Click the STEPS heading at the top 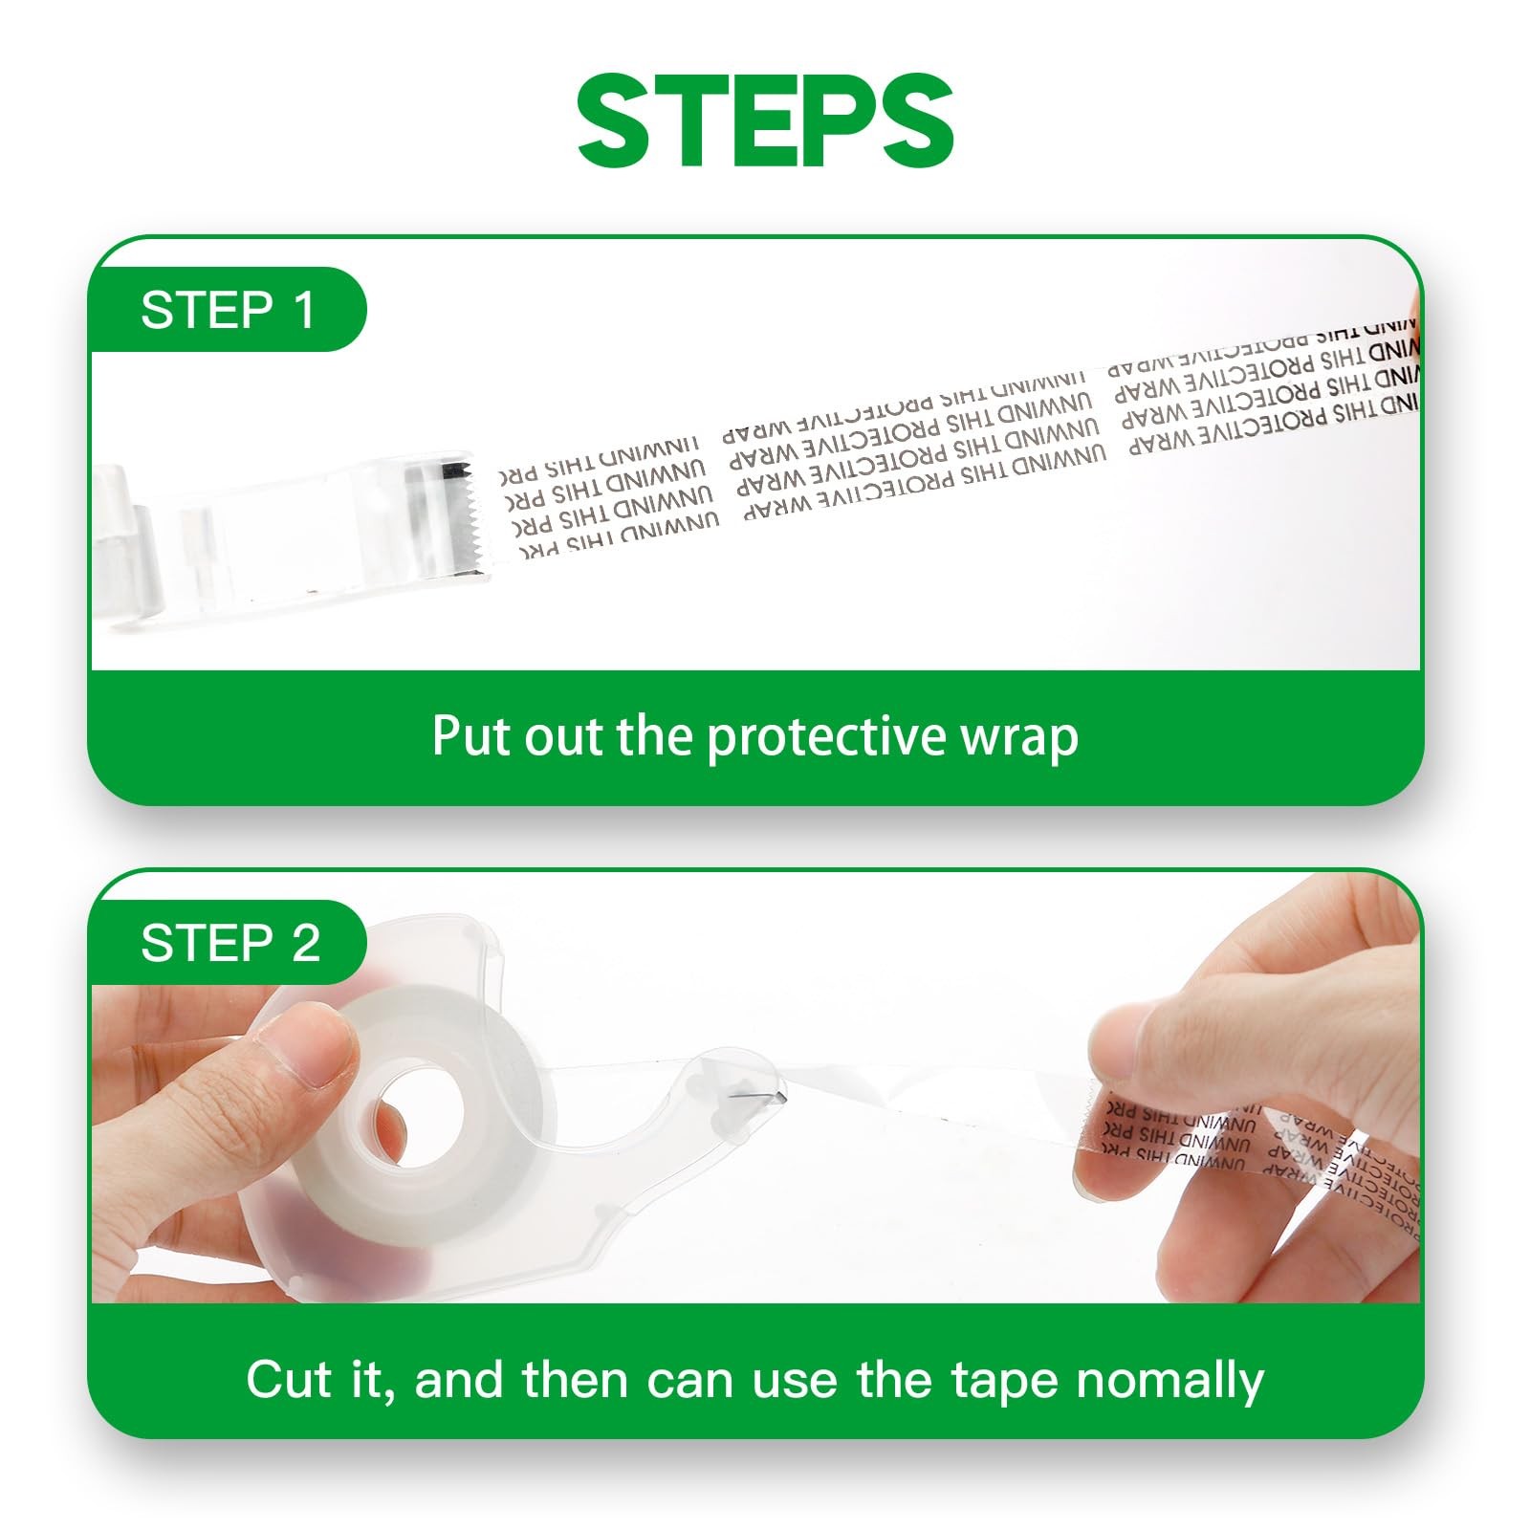[765, 121]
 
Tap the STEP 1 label [228, 310]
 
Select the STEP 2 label [229, 944]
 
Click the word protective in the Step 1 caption [828, 737]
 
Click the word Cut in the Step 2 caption [290, 1380]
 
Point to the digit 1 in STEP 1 [304, 310]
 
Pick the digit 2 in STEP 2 [305, 944]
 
